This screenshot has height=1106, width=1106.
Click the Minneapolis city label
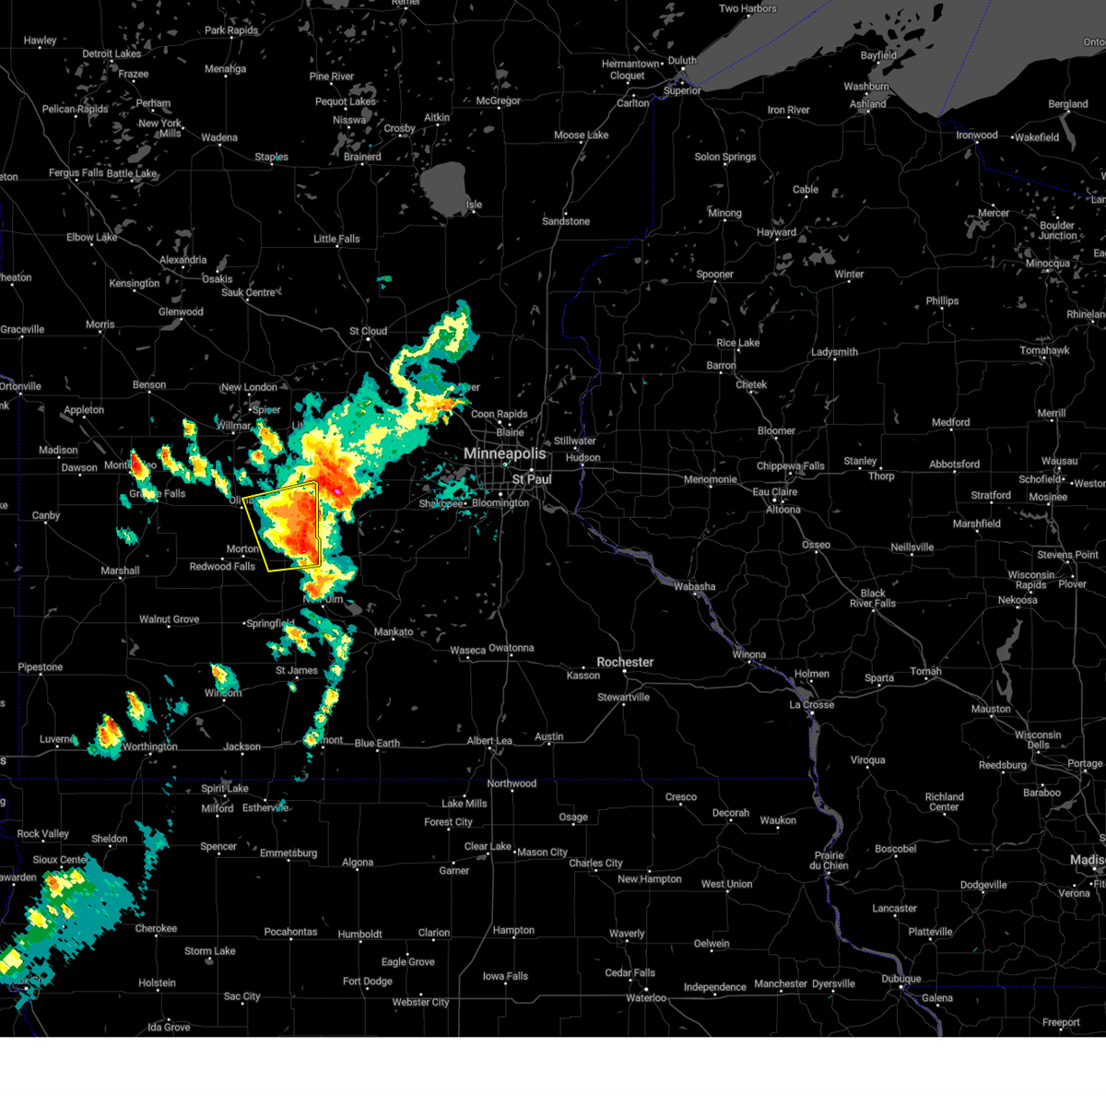pyautogui.click(x=504, y=454)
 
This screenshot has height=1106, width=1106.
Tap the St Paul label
pyautogui.click(x=532, y=479)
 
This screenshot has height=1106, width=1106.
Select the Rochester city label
pyautogui.click(x=625, y=663)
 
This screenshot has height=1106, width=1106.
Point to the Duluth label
pyautogui.click(x=682, y=61)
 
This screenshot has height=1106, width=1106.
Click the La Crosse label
pyautogui.click(x=811, y=705)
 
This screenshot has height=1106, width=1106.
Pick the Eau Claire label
pyautogui.click(x=774, y=492)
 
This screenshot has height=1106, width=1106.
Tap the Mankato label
pyautogui.click(x=394, y=632)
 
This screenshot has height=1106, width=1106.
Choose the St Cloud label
pyautogui.click(x=368, y=332)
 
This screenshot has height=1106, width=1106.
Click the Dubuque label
pyautogui.click(x=900, y=979)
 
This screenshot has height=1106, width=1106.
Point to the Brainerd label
pyautogui.click(x=362, y=157)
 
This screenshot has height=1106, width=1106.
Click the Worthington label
pyautogui.click(x=150, y=747)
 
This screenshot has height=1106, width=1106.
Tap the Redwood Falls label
pyautogui.click(x=222, y=567)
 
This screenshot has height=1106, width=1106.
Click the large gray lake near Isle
pyautogui.click(x=443, y=183)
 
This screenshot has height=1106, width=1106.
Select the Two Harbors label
pyautogui.click(x=747, y=9)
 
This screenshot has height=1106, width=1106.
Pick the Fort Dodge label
pyautogui.click(x=368, y=982)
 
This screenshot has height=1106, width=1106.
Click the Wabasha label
pyautogui.click(x=694, y=587)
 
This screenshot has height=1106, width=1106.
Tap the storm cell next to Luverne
pyautogui.click(x=108, y=733)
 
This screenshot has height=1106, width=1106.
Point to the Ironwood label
pyautogui.click(x=976, y=135)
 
